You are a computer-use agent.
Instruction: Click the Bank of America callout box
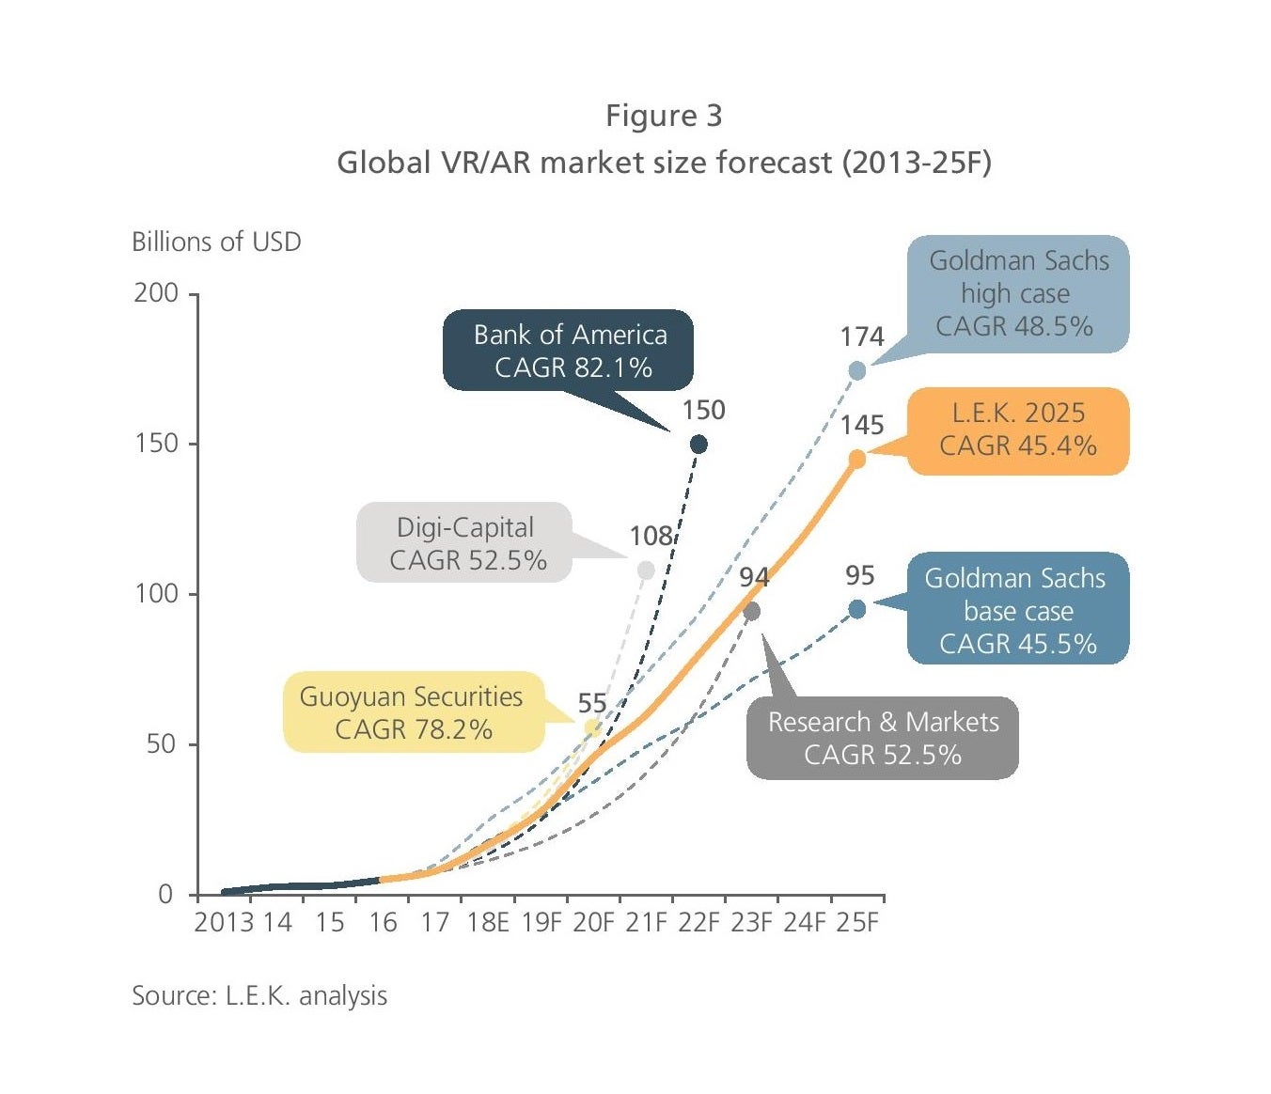(568, 351)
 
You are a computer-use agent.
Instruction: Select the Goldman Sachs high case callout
(1018, 294)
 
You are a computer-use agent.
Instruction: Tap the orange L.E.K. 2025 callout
(1018, 430)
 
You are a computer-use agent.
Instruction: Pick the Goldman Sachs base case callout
(1017, 609)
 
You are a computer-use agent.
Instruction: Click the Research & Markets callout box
(882, 738)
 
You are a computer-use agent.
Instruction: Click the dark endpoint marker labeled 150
(698, 444)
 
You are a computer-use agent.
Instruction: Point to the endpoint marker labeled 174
(857, 370)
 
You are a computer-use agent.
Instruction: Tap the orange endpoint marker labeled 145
(857, 459)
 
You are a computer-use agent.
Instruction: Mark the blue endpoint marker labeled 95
(857, 609)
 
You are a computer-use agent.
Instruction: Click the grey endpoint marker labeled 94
(752, 612)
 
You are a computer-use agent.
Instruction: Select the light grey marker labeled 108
(646, 570)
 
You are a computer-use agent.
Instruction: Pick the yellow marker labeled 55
(592, 727)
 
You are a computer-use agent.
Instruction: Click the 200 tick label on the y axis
(156, 293)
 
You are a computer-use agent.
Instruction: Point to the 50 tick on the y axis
(160, 744)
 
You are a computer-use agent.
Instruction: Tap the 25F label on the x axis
(857, 922)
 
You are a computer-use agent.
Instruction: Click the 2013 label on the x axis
(224, 922)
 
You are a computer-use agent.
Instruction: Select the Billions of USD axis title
(216, 242)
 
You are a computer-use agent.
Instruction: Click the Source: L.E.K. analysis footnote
(259, 995)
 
